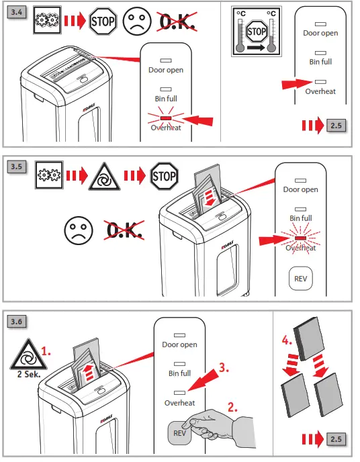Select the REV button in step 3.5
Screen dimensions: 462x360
(300, 277)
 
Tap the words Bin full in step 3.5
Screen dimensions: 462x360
(300, 218)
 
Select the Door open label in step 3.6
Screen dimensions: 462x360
(179, 344)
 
